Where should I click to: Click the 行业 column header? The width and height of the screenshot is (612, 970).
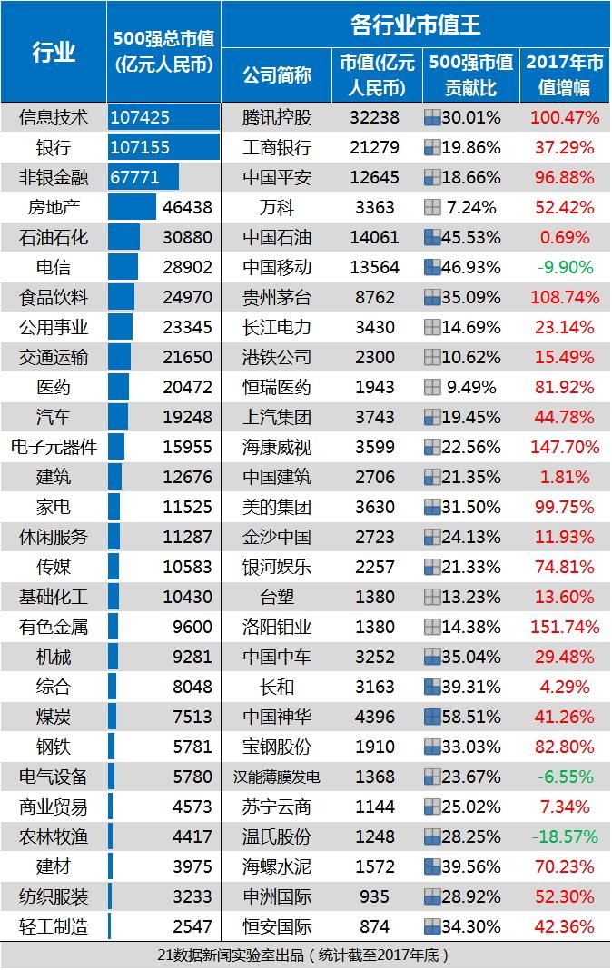54,52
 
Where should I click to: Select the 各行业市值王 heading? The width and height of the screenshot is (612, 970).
416,25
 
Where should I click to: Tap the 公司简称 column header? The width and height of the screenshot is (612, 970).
277,74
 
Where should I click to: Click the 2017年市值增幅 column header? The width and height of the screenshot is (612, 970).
564,74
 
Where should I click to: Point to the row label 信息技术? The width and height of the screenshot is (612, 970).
54,117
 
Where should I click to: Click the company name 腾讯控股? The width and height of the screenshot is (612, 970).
277,117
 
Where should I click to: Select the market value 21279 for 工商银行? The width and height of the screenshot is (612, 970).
375,147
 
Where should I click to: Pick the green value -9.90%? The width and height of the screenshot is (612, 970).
564,267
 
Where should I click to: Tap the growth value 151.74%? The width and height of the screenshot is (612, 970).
564,627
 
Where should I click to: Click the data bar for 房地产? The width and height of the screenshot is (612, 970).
132,207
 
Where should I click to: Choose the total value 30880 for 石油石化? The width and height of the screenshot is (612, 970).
186,237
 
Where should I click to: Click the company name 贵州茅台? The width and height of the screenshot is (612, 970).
277,297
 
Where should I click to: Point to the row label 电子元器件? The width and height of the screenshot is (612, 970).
54,447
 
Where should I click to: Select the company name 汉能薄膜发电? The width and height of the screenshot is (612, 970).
277,777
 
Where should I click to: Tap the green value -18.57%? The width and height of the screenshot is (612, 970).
564,836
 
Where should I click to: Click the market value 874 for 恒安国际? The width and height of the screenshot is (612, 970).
375,926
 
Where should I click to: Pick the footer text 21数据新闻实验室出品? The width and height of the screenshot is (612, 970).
306,955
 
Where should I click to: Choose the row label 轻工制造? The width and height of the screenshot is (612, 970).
54,926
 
